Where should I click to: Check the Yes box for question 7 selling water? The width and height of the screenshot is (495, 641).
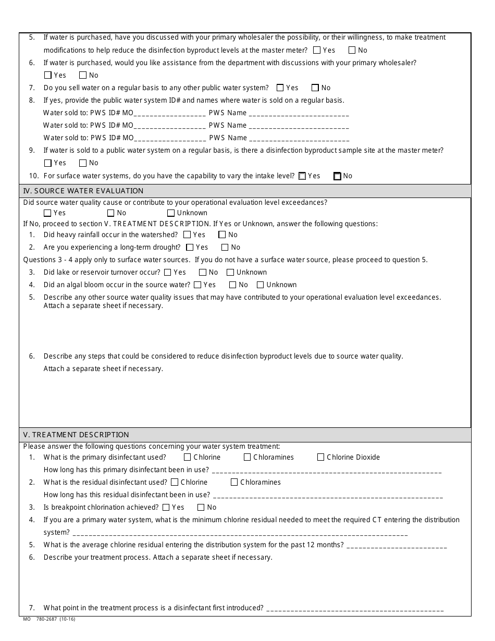(280, 88)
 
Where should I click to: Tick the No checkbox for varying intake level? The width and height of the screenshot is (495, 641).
(337, 176)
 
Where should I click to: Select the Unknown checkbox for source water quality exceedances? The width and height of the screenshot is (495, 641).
(171, 213)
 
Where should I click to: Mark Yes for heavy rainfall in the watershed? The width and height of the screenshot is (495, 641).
(187, 235)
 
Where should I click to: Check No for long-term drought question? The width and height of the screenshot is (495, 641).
(225, 248)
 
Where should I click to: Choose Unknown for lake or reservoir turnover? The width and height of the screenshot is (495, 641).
(230, 273)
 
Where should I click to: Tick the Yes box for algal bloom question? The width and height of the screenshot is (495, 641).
(197, 285)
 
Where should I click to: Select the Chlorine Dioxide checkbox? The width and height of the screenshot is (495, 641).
(320, 458)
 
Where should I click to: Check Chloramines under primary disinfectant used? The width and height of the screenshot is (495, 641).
(247, 458)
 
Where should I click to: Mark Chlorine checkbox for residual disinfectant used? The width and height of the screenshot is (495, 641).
(175, 483)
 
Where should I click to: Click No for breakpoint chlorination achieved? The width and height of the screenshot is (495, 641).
(201, 508)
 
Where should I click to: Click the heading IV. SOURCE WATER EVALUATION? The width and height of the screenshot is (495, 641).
(83, 191)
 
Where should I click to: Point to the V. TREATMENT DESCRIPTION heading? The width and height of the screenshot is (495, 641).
(76, 435)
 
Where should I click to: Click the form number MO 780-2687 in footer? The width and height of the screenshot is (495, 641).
(50, 619)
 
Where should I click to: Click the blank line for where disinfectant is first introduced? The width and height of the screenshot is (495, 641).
(354, 609)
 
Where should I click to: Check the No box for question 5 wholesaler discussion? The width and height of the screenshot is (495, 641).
(352, 51)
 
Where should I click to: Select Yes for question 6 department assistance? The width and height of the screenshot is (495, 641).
(48, 76)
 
